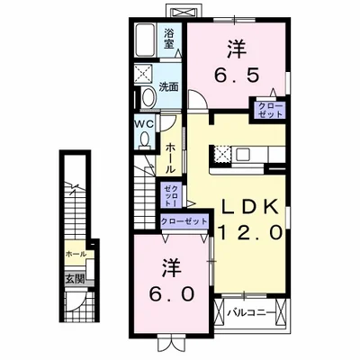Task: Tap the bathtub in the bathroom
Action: click(x=145, y=41)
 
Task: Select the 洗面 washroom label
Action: click(x=168, y=87)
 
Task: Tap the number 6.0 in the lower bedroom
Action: click(x=167, y=293)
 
